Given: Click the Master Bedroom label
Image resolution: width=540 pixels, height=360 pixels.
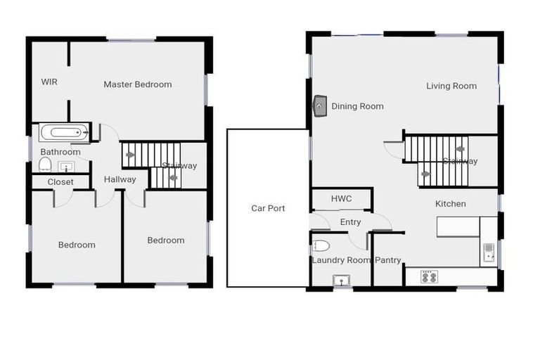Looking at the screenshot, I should coord(138,84).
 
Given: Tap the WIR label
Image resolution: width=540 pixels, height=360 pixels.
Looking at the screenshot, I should coord(49,82).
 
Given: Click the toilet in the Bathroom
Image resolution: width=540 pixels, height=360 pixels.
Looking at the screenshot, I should coord(46,165).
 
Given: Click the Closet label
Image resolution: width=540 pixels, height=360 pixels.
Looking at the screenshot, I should coord(60,182).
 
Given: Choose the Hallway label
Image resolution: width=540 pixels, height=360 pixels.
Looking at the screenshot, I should coord(120,179).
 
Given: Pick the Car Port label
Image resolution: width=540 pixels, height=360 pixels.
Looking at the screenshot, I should coord(268,208).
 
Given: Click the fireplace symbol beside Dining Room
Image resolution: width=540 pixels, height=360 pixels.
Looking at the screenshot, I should coord(320,105).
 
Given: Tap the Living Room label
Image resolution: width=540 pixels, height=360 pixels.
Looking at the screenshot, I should coord(451,86).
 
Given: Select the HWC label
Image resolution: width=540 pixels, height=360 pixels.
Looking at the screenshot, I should coord(342,199).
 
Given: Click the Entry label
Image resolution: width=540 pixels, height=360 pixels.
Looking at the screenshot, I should coord(350,222).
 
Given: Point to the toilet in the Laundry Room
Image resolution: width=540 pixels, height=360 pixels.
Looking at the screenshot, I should coord(321,246).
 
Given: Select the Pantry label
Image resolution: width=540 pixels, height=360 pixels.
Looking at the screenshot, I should coord(387,260).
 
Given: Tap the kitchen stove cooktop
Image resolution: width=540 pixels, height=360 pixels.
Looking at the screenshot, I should coord(429,277).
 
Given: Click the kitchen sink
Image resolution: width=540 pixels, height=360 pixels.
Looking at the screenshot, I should coord(489,252).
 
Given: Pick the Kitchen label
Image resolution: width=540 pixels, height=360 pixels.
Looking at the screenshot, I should coord(451,204).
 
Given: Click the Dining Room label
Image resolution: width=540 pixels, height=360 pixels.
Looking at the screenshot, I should coord(358,106).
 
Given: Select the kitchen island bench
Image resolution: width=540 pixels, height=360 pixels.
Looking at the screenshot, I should coord(458,226).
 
